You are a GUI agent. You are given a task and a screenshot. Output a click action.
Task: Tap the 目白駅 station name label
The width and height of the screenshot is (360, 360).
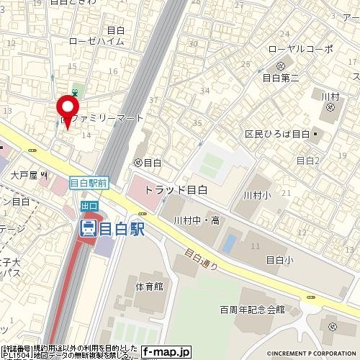(122, 229)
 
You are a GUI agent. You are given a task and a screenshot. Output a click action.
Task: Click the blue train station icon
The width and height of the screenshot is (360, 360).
(88, 229)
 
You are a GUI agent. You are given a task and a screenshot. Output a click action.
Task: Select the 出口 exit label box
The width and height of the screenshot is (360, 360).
(89, 207)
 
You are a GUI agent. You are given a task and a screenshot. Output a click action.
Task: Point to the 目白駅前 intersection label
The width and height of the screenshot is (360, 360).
(89, 184)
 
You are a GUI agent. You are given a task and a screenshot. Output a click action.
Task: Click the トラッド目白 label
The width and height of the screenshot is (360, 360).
(176, 190)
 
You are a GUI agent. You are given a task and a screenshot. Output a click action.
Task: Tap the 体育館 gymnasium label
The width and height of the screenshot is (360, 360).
(149, 286)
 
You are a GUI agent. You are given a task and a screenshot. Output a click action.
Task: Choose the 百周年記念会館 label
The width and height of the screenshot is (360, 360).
(252, 309)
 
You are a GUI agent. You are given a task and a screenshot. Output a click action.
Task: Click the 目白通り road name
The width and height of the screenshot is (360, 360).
(201, 259)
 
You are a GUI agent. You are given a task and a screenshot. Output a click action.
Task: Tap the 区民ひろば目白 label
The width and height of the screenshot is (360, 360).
(277, 134)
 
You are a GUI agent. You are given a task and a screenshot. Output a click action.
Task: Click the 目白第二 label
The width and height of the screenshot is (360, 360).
(281, 77)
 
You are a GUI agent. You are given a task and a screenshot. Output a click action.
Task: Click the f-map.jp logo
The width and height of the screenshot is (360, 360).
(166, 352)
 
